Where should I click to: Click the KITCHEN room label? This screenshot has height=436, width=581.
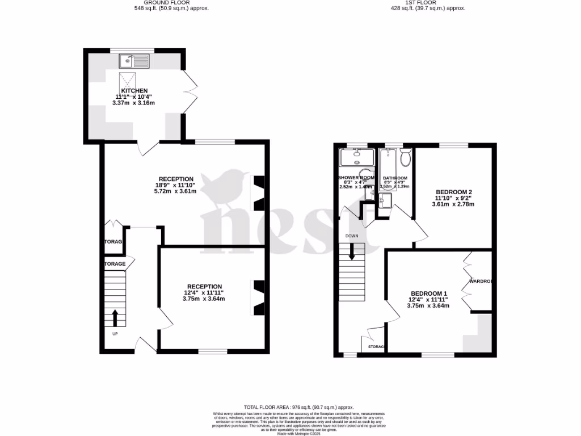134,91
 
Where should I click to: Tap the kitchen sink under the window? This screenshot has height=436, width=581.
134,60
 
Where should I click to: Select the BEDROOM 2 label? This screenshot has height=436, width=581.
453,192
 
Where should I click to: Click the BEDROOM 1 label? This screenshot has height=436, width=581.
428,293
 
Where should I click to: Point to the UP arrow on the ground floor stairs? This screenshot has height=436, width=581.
115,318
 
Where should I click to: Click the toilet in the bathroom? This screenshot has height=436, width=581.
405,157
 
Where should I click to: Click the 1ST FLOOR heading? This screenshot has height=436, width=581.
421,3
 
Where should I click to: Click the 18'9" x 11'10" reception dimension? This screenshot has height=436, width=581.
176,185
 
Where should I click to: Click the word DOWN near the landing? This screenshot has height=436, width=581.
352,235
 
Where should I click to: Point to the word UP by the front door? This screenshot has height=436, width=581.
115,333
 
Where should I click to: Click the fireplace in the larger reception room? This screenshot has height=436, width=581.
259,192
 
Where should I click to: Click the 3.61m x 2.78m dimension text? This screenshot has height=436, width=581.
453,204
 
